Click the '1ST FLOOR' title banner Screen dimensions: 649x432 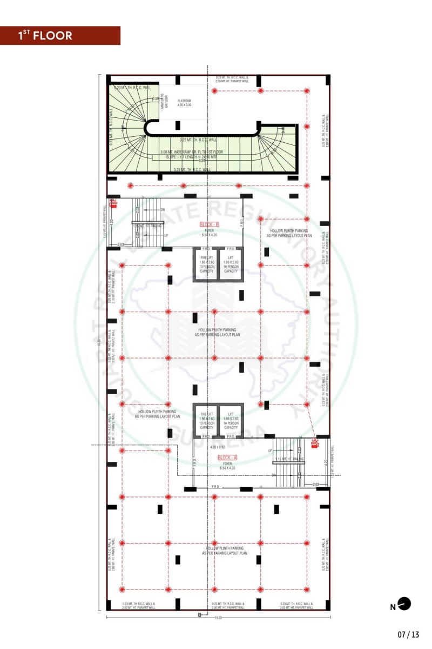(x=59, y=36)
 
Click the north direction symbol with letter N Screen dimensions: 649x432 (x=401, y=605)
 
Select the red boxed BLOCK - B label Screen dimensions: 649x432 (x=209, y=224)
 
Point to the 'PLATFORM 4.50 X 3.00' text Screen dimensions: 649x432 (x=185, y=103)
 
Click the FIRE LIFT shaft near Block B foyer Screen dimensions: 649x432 (x=205, y=264)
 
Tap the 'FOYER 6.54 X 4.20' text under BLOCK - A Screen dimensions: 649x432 (x=227, y=465)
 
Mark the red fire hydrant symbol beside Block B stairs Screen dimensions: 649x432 (x=113, y=203)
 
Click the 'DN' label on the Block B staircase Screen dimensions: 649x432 (x=162, y=209)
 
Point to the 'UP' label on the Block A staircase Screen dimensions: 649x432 (x=270, y=450)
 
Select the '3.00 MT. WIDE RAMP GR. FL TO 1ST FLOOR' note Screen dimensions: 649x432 (x=191, y=152)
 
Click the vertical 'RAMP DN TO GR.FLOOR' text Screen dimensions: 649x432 (x=163, y=100)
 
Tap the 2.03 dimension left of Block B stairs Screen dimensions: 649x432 (x=120, y=245)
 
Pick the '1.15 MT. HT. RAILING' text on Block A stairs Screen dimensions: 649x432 (x=289, y=459)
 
